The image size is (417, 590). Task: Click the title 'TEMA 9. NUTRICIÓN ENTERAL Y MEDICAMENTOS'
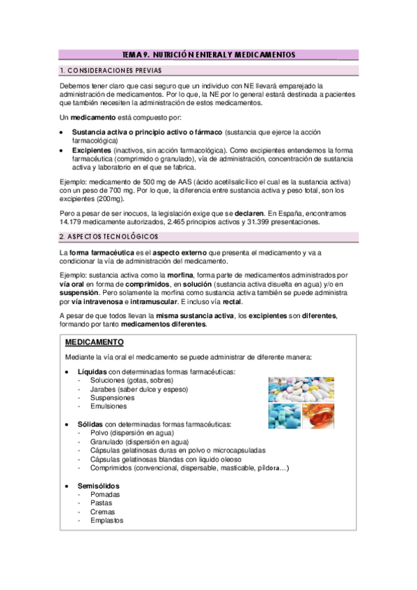208,54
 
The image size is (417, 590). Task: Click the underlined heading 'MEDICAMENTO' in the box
94,343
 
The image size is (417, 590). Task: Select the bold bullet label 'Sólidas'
91,424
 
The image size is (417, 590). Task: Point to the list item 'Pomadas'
104,495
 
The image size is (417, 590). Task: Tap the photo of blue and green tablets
285,416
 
